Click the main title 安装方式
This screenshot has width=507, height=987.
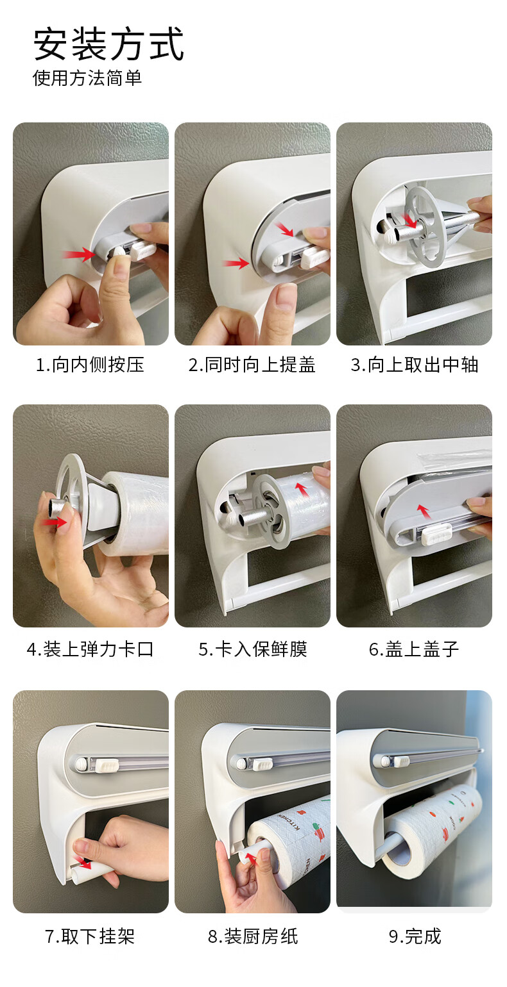[108, 44]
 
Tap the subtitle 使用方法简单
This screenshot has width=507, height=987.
[87, 78]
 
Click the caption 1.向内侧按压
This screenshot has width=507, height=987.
[90, 365]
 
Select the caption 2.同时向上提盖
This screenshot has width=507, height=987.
[252, 365]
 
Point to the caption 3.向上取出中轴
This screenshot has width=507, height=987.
[415, 365]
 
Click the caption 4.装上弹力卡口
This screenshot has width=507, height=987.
[90, 649]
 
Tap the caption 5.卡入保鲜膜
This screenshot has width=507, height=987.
[252, 649]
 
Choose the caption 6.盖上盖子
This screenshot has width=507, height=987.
[414, 649]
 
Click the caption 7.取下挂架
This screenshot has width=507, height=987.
[90, 936]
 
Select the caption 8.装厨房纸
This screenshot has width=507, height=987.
[253, 936]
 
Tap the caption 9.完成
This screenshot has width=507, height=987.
[415, 936]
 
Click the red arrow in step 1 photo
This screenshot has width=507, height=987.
[78, 254]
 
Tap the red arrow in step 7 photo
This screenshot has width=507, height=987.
[83, 862]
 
